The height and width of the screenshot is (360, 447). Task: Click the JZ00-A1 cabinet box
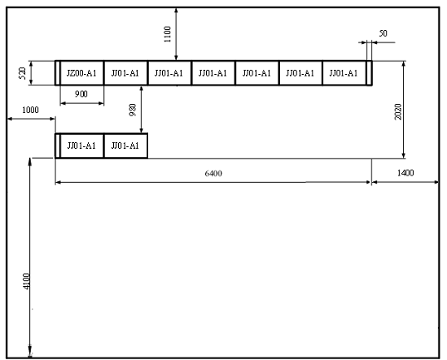pyautogui.click(x=81, y=73)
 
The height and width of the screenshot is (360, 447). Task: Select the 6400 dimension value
pyautogui.click(x=214, y=173)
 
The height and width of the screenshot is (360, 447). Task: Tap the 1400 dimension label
pyautogui.click(x=405, y=173)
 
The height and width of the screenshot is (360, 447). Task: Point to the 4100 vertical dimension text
pyautogui.click(x=27, y=281)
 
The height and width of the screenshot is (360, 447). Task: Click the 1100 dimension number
pyautogui.click(x=167, y=34)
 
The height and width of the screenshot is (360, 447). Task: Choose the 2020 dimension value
pyautogui.click(x=398, y=111)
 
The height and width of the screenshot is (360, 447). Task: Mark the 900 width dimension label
pyautogui.click(x=81, y=94)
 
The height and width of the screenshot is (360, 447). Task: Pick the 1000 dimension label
pyautogui.click(x=30, y=110)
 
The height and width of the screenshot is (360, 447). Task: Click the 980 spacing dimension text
pyautogui.click(x=133, y=110)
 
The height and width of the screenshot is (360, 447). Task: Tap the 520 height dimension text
pyautogui.click(x=22, y=73)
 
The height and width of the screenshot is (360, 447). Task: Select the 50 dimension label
pyautogui.click(x=383, y=33)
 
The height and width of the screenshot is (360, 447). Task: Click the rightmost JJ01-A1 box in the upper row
pyautogui.click(x=344, y=73)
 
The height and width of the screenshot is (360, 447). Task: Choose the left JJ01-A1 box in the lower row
pyautogui.click(x=81, y=145)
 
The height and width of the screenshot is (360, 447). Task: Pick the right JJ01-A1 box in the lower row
pyautogui.click(x=125, y=145)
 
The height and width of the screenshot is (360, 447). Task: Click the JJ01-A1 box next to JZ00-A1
pyautogui.click(x=125, y=73)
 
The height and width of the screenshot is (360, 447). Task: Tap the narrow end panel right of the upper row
pyautogui.click(x=369, y=73)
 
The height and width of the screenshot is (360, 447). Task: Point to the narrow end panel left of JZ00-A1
pyautogui.click(x=57, y=73)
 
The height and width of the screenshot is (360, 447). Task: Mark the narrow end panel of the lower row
pyautogui.click(x=57, y=145)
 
